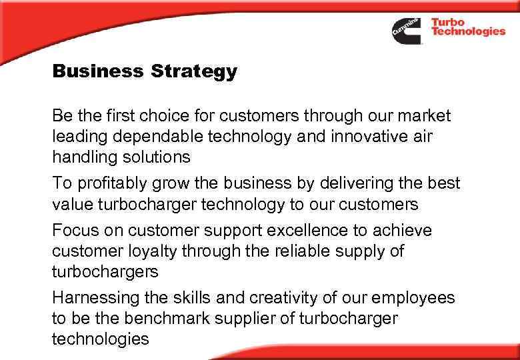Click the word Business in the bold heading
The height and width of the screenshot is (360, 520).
(97, 71)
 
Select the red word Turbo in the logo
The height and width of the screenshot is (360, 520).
(448, 22)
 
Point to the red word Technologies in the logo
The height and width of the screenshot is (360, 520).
(468, 32)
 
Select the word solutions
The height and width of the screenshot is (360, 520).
(157, 157)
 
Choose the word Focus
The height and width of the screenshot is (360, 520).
(75, 231)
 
